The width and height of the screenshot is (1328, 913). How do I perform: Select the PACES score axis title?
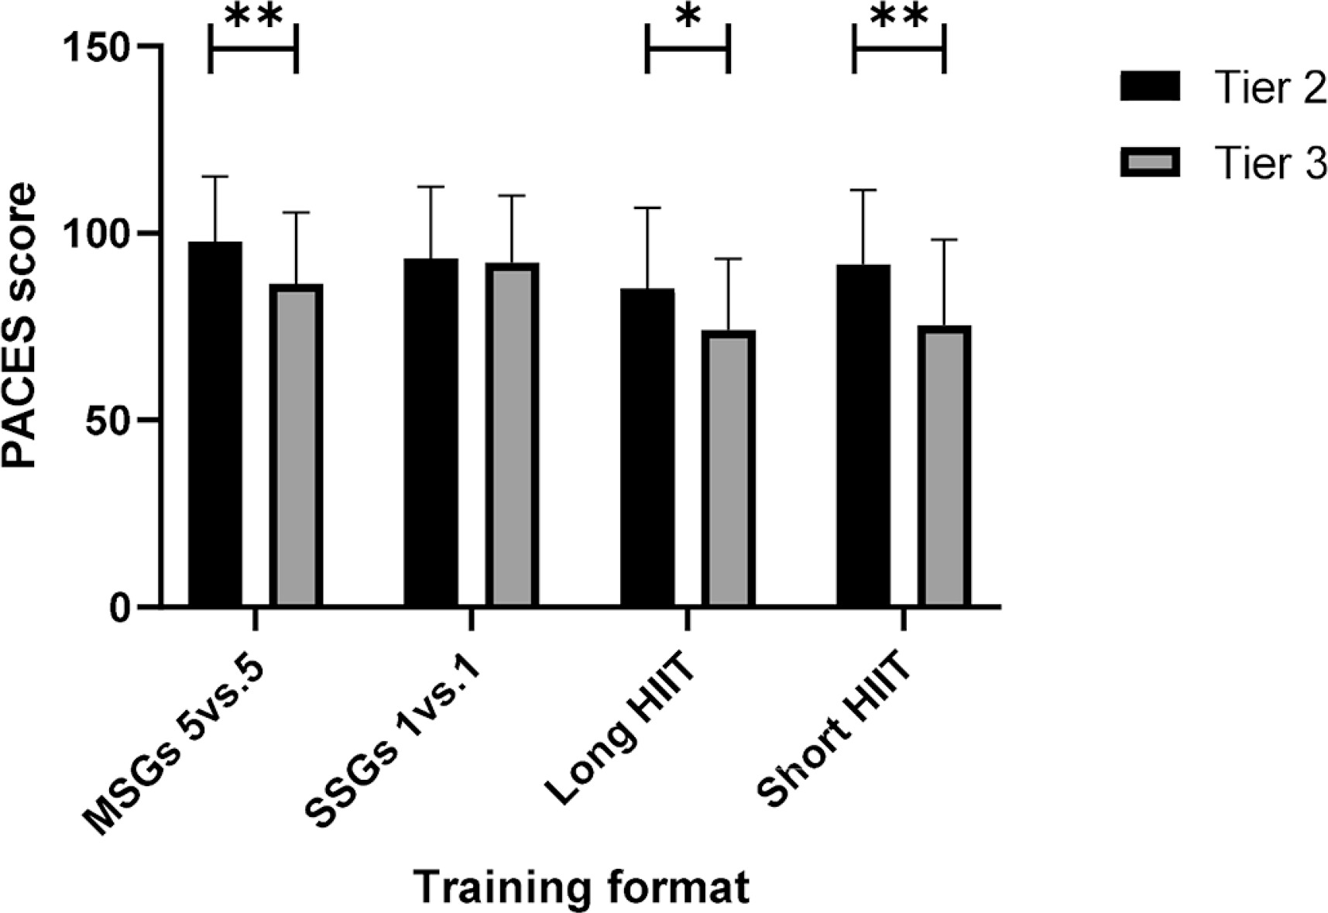21,325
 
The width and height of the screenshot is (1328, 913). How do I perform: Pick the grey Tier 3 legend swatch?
1150,163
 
